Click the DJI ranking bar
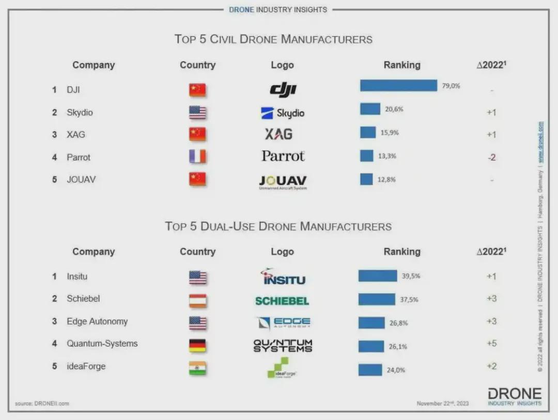[x=398, y=86]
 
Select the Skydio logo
[x=283, y=113]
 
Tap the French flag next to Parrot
[x=197, y=157]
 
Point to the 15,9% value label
[x=390, y=133]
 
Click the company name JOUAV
[x=81, y=180]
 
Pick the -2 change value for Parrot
[x=491, y=157]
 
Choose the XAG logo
[x=278, y=134]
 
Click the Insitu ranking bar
[x=378, y=276]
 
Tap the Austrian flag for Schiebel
[x=197, y=300]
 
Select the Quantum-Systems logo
[x=283, y=345]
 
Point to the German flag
[x=197, y=345]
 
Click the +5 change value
[x=491, y=344]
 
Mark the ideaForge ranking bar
[x=370, y=370]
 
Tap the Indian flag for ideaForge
[x=197, y=368]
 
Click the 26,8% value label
[x=398, y=324]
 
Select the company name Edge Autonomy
[x=97, y=321]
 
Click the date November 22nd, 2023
[x=443, y=403]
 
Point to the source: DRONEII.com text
[x=42, y=403]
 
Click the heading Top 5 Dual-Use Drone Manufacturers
[x=278, y=226]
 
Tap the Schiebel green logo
[x=282, y=301]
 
